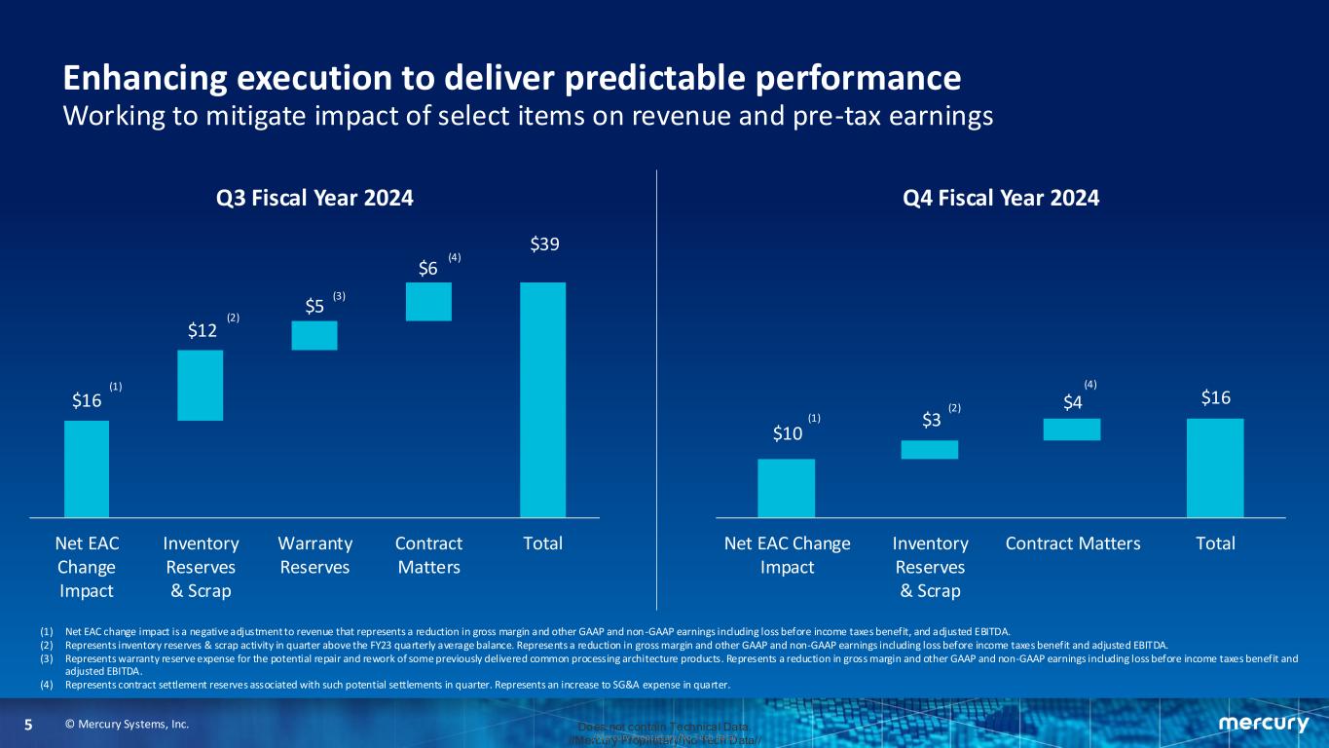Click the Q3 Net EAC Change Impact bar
click(87, 468)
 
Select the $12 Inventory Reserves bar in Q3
click(201, 385)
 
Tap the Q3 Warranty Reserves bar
click(314, 335)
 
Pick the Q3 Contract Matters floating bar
click(428, 301)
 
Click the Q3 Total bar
click(542, 399)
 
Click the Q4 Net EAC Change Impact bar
click(786, 488)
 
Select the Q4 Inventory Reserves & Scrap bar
click(930, 449)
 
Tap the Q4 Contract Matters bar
click(1072, 430)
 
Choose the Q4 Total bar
click(1214, 467)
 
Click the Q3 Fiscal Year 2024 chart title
click(315, 198)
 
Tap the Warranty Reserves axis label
click(314, 554)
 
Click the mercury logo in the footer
click(1263, 724)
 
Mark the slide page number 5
click(28, 725)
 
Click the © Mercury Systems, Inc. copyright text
click(127, 725)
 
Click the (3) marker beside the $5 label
click(339, 295)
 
